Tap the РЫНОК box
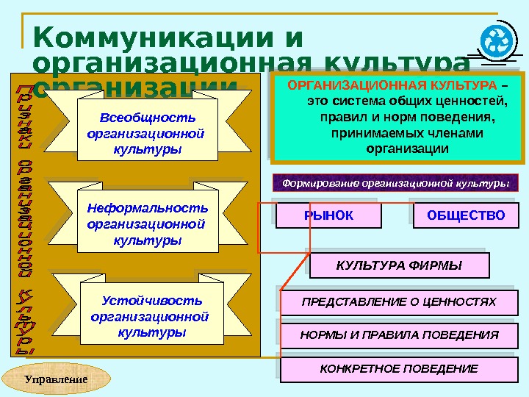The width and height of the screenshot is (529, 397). (x=328, y=215)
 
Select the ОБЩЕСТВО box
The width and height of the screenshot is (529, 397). (x=466, y=215)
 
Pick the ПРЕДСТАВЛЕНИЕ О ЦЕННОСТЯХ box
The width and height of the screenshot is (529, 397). (x=400, y=301)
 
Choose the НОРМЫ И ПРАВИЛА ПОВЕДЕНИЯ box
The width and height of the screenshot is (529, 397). (x=400, y=335)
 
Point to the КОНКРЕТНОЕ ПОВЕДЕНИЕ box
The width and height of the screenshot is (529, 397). (x=400, y=368)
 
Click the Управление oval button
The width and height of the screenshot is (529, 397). (x=57, y=380)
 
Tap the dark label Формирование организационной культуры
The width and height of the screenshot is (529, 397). (x=396, y=182)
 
